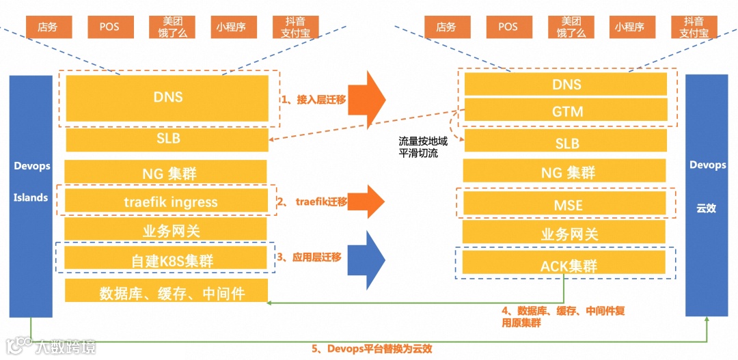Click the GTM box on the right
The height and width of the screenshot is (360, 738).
[566, 110]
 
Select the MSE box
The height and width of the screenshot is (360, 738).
[566, 204]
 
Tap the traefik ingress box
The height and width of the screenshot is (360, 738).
[166, 202]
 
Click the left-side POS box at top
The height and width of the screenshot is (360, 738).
[109, 27]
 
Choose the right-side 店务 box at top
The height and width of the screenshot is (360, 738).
[446, 27]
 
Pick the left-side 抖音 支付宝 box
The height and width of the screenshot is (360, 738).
[295, 27]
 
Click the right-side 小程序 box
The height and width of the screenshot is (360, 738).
[629, 27]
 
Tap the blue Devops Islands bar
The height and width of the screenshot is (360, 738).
[31, 196]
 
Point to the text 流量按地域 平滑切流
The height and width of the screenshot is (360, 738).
[419, 148]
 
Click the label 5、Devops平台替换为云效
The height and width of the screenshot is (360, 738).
[372, 348]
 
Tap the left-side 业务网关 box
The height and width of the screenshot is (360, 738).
[166, 230]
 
